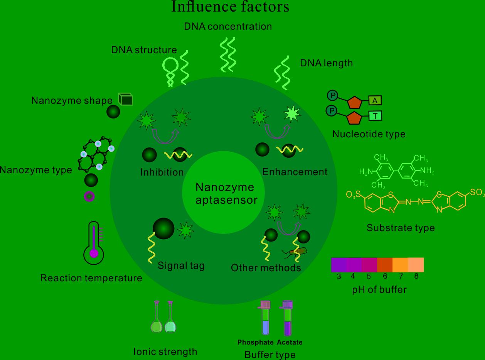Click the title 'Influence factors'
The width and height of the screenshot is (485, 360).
tap(230, 7)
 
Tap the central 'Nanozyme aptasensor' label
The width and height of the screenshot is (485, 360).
tap(225, 193)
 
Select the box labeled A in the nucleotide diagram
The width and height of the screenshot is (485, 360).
tap(375, 101)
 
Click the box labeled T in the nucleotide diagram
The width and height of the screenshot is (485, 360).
tap(375, 115)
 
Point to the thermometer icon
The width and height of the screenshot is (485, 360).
tap(94, 243)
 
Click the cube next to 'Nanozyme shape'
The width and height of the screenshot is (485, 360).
tap(125, 100)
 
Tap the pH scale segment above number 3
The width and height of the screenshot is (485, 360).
tap(338, 265)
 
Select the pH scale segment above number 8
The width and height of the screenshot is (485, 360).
tap(416, 265)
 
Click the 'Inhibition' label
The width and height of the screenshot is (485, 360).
tap(162, 172)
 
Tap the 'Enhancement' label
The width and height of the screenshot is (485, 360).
tap(295, 172)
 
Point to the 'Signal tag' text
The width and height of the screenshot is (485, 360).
tap(181, 265)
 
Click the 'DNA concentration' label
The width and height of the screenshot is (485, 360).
tap(228, 26)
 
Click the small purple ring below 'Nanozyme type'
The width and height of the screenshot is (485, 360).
tap(89, 197)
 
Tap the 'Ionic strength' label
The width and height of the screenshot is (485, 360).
tap(165, 352)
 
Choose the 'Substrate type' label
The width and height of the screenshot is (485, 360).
tap(401, 228)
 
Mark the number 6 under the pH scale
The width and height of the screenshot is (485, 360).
tap(385, 276)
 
